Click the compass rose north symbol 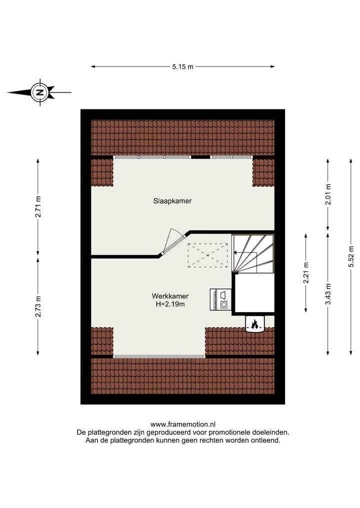coord(39,92)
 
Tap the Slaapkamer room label coord(172,201)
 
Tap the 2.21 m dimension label coord(306,273)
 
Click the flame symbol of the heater coord(254,325)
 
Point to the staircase coord(253,253)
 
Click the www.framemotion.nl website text coord(183,424)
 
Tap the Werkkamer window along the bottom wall coord(159,357)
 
